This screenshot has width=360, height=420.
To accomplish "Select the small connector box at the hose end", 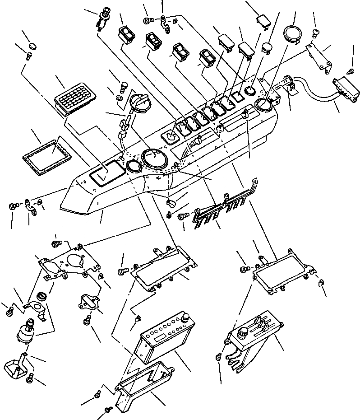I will tap(347, 89).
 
